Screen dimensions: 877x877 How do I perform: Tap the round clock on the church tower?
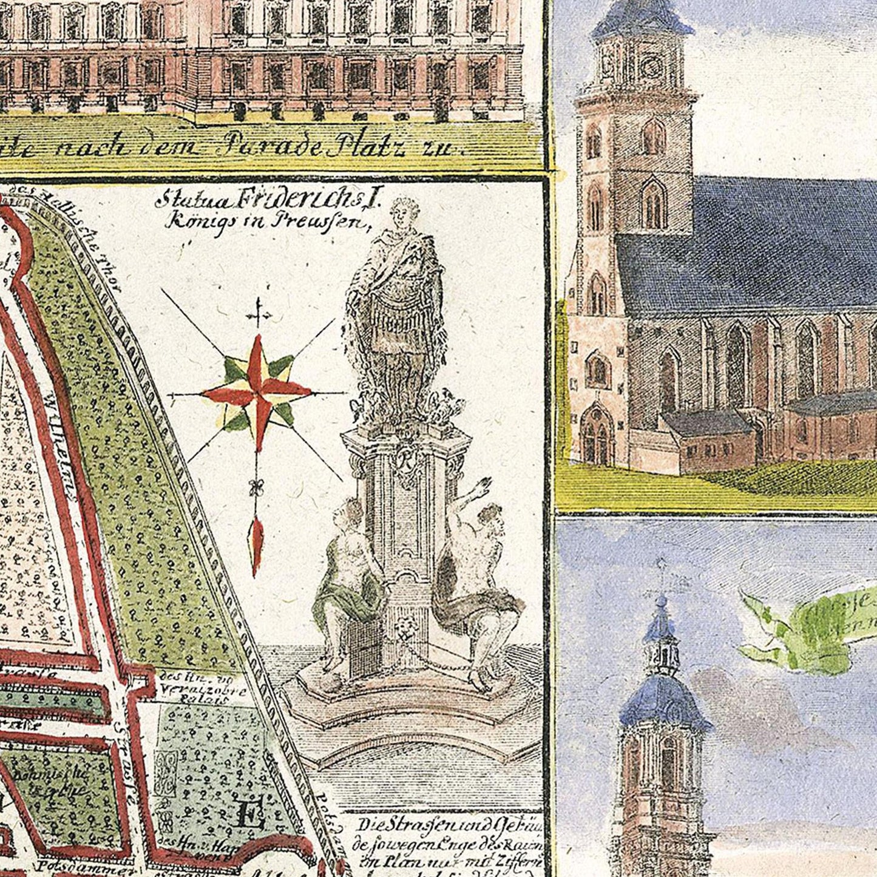[652, 64]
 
